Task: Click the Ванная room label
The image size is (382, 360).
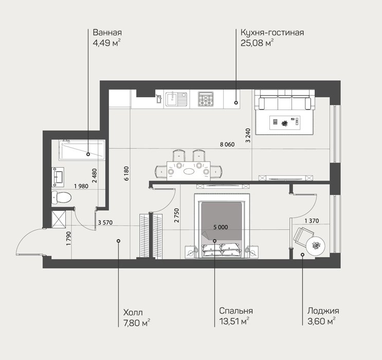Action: (x=107, y=32)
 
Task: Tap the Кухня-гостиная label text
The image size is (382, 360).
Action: (x=272, y=32)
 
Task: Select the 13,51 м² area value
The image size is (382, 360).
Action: (x=234, y=321)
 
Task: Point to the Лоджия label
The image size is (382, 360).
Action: (x=323, y=311)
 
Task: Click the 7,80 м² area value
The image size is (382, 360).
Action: (x=137, y=323)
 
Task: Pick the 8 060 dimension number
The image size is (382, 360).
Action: (x=227, y=145)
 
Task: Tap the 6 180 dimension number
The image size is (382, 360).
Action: (x=126, y=173)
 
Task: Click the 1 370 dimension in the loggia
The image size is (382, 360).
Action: (x=312, y=221)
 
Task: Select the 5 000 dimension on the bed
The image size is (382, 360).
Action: (x=221, y=227)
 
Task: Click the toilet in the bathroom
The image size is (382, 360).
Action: (x=61, y=197)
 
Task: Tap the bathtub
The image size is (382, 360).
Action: (x=82, y=150)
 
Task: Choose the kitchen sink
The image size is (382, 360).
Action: (x=176, y=99)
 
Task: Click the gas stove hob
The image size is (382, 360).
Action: (x=206, y=99)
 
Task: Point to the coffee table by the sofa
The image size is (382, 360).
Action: (x=284, y=122)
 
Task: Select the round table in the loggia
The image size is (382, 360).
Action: (x=316, y=246)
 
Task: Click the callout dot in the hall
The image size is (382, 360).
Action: (x=118, y=241)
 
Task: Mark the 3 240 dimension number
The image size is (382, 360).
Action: (x=248, y=135)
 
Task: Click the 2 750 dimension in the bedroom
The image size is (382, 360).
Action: (x=177, y=215)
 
